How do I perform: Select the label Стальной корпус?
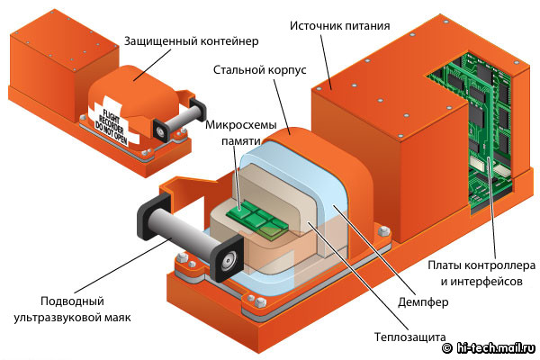pos(261,69)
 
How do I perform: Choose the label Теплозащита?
pos(411,338)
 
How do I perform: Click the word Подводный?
pos(72,301)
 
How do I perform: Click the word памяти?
pos(240,139)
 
